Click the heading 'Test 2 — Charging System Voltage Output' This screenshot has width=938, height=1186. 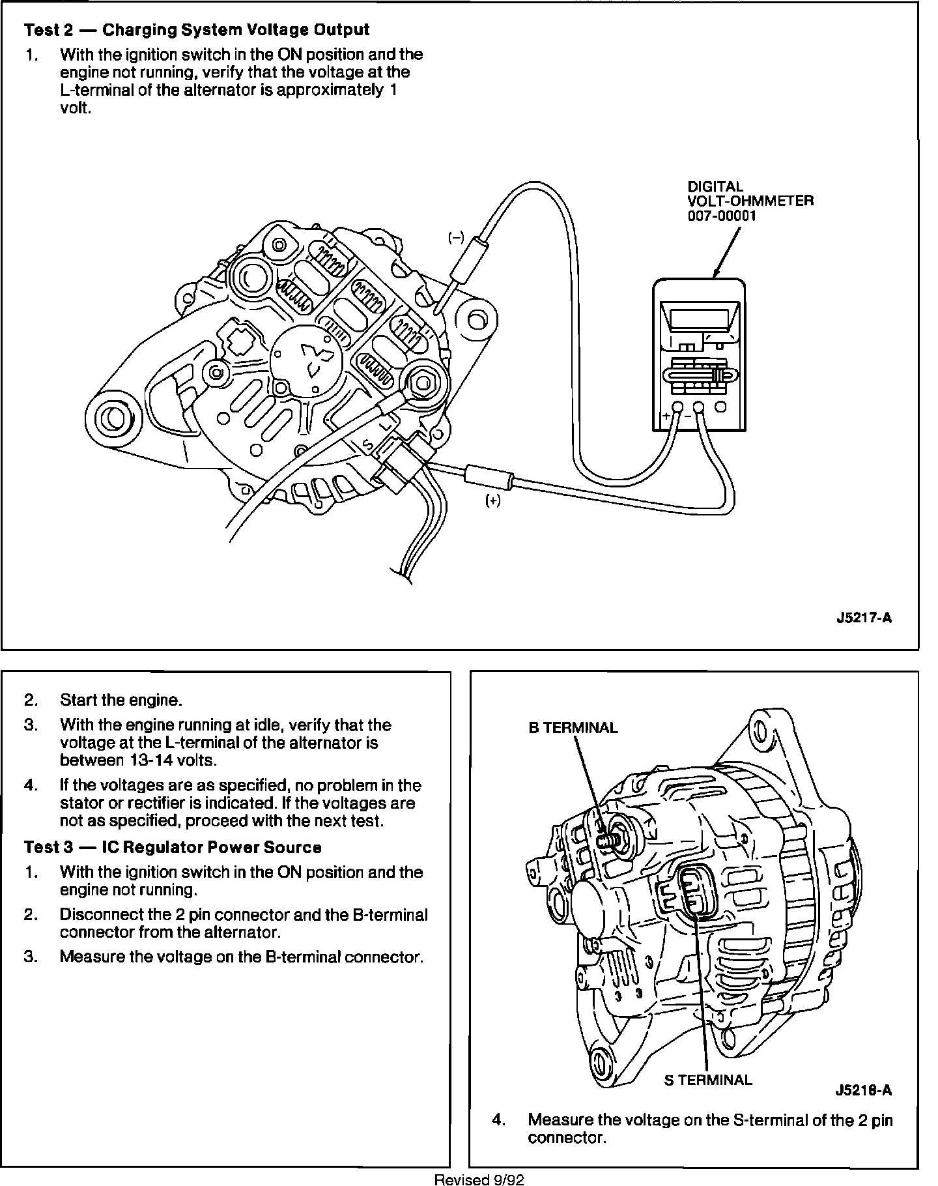[x=197, y=30]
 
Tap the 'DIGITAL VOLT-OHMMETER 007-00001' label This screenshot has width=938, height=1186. [x=750, y=201]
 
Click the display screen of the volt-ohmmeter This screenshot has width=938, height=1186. [x=699, y=319]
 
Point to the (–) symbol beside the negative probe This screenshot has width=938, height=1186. [x=455, y=239]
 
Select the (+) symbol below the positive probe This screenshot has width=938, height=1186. [x=493, y=500]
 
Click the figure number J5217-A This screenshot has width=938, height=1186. [x=864, y=618]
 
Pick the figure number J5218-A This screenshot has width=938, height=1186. [x=864, y=1091]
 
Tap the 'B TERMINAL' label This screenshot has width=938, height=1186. [x=573, y=728]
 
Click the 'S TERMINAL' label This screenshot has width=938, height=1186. [x=707, y=1080]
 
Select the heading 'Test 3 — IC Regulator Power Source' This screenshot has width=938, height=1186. [x=173, y=847]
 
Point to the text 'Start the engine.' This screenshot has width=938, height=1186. [x=121, y=700]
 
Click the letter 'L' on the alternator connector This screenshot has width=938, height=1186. [x=387, y=424]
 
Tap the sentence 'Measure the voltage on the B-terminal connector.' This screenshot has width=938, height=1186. [x=242, y=957]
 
